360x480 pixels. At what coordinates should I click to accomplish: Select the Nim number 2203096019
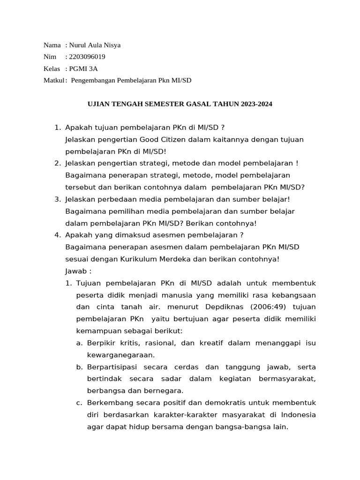(87, 57)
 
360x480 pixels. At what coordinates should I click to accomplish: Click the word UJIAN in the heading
(99, 104)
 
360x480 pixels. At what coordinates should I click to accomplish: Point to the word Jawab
(76, 271)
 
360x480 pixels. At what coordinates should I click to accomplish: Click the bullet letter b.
(79, 367)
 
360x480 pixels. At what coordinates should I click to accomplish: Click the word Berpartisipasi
(112, 367)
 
